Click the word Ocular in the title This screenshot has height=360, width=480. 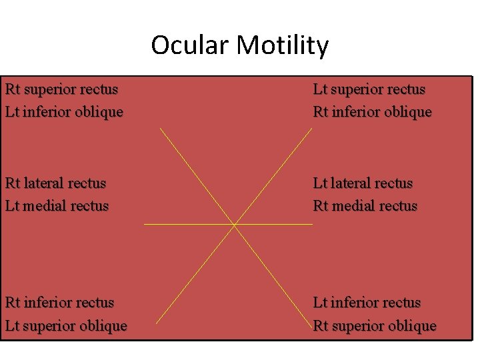point(190,45)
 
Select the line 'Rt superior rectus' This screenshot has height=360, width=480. point(61,89)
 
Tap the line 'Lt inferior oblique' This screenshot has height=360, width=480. point(64,112)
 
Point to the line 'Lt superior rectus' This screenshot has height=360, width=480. point(369,89)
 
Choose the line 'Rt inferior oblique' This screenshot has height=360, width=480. point(372,112)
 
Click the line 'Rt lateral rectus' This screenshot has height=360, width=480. point(55,183)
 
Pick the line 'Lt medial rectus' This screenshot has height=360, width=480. point(57,206)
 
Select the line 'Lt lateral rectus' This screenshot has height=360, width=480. point(363,183)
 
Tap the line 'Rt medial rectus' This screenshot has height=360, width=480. point(365,206)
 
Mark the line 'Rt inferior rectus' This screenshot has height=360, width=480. point(59,303)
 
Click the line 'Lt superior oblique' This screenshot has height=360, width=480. point(66,326)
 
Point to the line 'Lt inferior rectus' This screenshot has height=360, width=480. point(367,303)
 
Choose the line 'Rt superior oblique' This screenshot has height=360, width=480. point(375,326)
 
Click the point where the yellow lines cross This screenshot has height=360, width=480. point(235,225)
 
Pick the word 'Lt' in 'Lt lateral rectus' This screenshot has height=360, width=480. point(320,183)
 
